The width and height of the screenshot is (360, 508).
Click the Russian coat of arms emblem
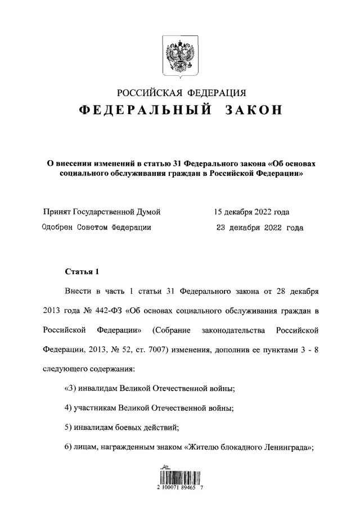coord(179,56)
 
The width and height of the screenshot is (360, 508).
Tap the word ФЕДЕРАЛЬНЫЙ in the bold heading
coord(145,111)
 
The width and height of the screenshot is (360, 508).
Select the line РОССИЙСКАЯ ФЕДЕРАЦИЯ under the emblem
coord(180,92)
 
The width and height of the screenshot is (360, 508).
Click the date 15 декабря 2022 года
coord(251,212)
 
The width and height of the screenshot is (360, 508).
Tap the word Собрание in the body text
coord(172,330)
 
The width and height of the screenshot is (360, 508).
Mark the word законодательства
coord(238,330)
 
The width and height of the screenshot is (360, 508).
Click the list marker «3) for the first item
coord(70,388)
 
